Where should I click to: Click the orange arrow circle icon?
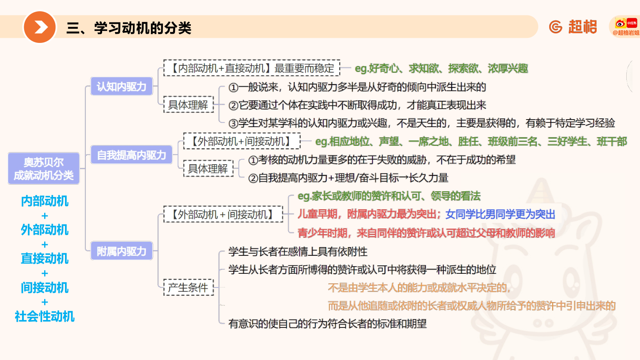pos(40,27)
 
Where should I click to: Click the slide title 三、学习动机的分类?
pos(129,28)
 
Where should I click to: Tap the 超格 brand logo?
pos(573,27)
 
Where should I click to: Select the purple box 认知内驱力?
pos(122,86)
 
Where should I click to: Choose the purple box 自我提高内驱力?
pos(131,155)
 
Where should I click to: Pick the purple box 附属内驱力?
pos(122,251)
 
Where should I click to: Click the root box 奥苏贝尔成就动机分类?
pos(44,168)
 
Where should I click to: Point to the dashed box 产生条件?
pos(188,287)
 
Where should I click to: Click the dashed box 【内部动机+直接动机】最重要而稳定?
pos(252,68)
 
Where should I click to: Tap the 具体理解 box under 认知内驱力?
pos(188,105)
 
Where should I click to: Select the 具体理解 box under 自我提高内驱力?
pos(208,168)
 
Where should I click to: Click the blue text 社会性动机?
pos(45,316)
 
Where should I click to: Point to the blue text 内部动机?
pos(45,201)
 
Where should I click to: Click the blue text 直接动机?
pos(45,258)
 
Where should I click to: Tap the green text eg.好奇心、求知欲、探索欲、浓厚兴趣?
pos(441,68)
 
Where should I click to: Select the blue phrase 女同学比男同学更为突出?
pos(500,214)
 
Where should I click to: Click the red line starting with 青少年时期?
pos(426,233)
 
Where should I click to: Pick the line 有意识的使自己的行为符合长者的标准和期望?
pos(327,324)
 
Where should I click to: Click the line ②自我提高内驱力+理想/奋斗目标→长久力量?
pos(348,178)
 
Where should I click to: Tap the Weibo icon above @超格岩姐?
pos(620,23)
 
